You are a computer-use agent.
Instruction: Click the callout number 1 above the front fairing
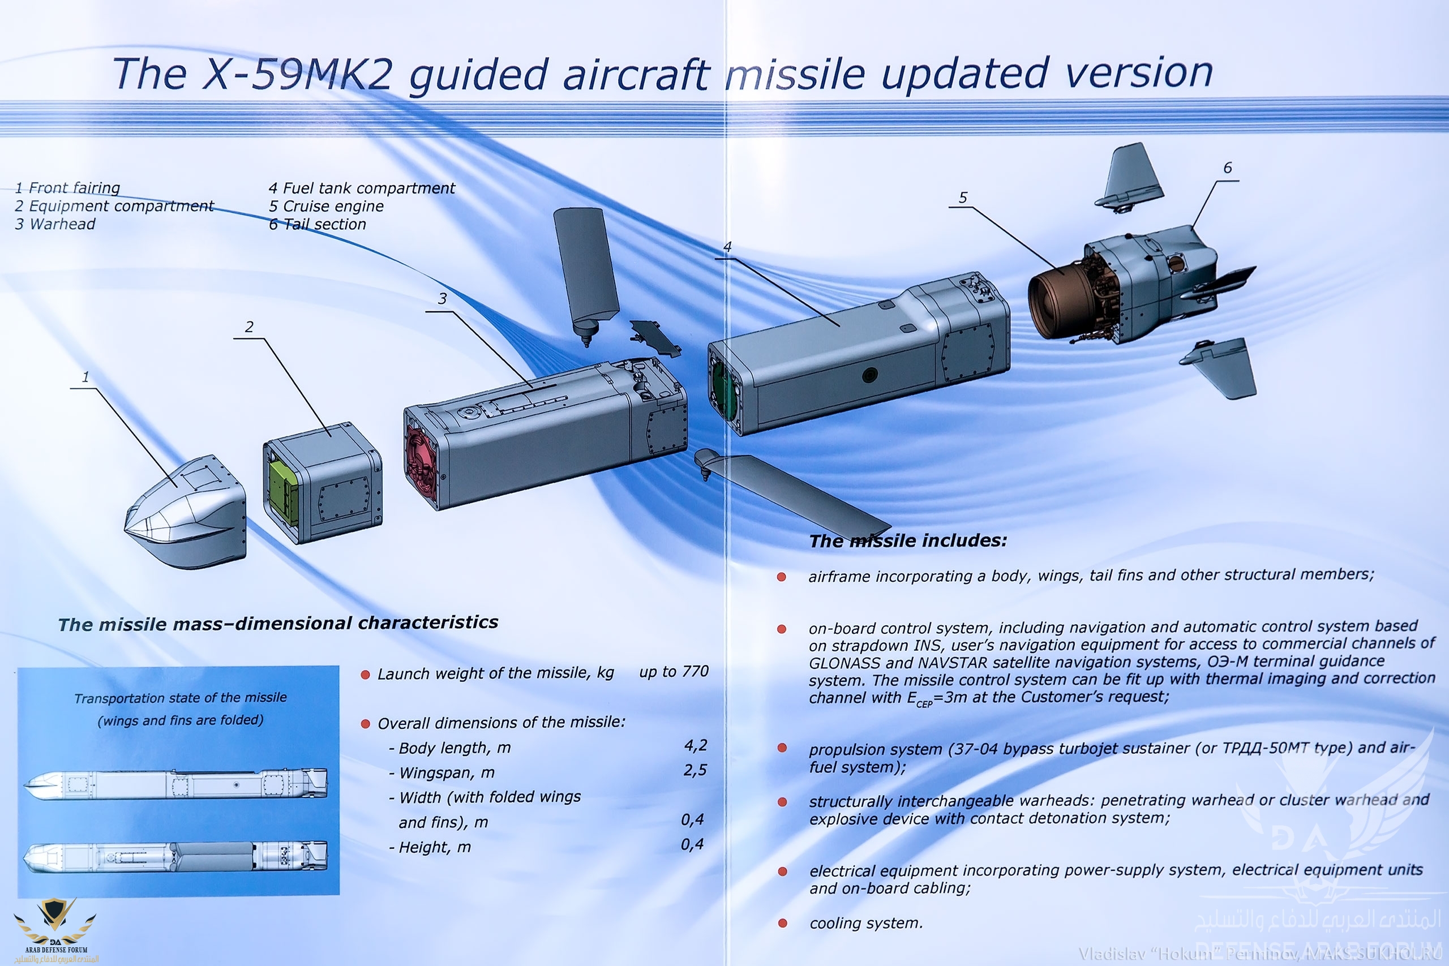pyautogui.click(x=85, y=376)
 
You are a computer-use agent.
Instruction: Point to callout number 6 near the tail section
pyautogui.click(x=1227, y=168)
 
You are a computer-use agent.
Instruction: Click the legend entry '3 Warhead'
pyautogui.click(x=55, y=224)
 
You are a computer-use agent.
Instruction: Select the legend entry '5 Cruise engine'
pyautogui.click(x=326, y=206)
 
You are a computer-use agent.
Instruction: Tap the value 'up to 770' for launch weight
pyautogui.click(x=674, y=672)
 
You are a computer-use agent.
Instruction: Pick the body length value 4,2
pyautogui.click(x=696, y=746)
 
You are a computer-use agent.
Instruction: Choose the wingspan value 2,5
pyautogui.click(x=695, y=771)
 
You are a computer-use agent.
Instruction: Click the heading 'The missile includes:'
pyautogui.click(x=908, y=541)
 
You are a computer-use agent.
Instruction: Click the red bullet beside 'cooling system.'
pyautogui.click(x=782, y=923)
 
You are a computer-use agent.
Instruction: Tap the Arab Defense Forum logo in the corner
pyautogui.click(x=55, y=930)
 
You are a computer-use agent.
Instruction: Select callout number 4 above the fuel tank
pyautogui.click(x=727, y=247)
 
